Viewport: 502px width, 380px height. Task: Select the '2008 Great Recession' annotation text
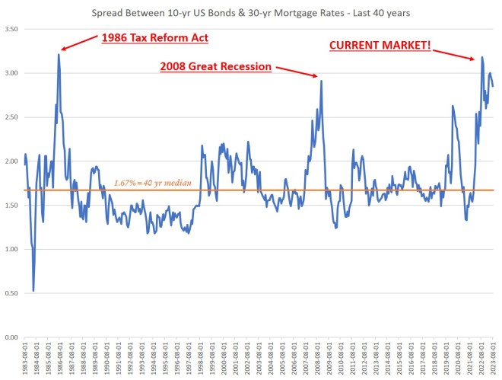pyautogui.click(x=215, y=66)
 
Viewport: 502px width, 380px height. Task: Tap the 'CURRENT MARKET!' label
pyautogui.click(x=380, y=46)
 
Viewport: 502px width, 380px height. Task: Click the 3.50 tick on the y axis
pyautogui.click(x=11, y=29)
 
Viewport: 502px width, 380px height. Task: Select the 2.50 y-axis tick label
pyautogui.click(x=11, y=117)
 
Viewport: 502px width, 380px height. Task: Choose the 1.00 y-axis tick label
pyautogui.click(x=11, y=249)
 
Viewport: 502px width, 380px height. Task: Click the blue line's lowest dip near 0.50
pyautogui.click(x=33, y=290)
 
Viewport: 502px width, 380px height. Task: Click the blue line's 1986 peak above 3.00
pyautogui.click(x=59, y=54)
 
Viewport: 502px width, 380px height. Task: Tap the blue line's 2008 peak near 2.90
pyautogui.click(x=322, y=81)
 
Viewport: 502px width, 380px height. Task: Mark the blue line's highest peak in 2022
pyautogui.click(x=482, y=57)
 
